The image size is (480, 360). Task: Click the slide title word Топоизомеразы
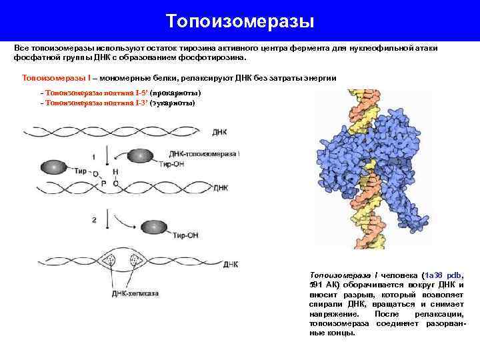coord(240,21)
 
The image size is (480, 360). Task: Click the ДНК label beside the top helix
coord(220,132)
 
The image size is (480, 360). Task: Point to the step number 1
coord(94,157)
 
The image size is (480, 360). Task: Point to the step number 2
coord(94,219)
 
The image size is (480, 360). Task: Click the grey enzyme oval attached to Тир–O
coord(54,167)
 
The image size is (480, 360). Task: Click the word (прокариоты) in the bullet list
coord(176,93)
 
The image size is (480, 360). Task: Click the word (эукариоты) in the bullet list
coord(173,103)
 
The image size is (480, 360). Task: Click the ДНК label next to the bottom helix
coord(231,264)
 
